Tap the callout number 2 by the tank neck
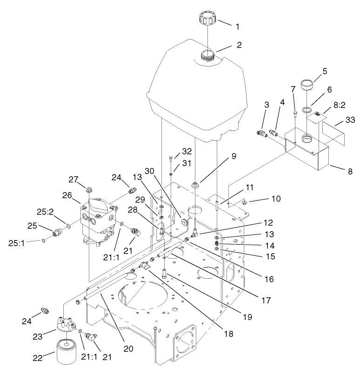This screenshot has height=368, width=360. pyautogui.click(x=239, y=46)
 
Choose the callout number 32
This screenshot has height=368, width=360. pyautogui.click(x=186, y=151)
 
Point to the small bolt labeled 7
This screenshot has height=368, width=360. pyautogui.click(x=295, y=113)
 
